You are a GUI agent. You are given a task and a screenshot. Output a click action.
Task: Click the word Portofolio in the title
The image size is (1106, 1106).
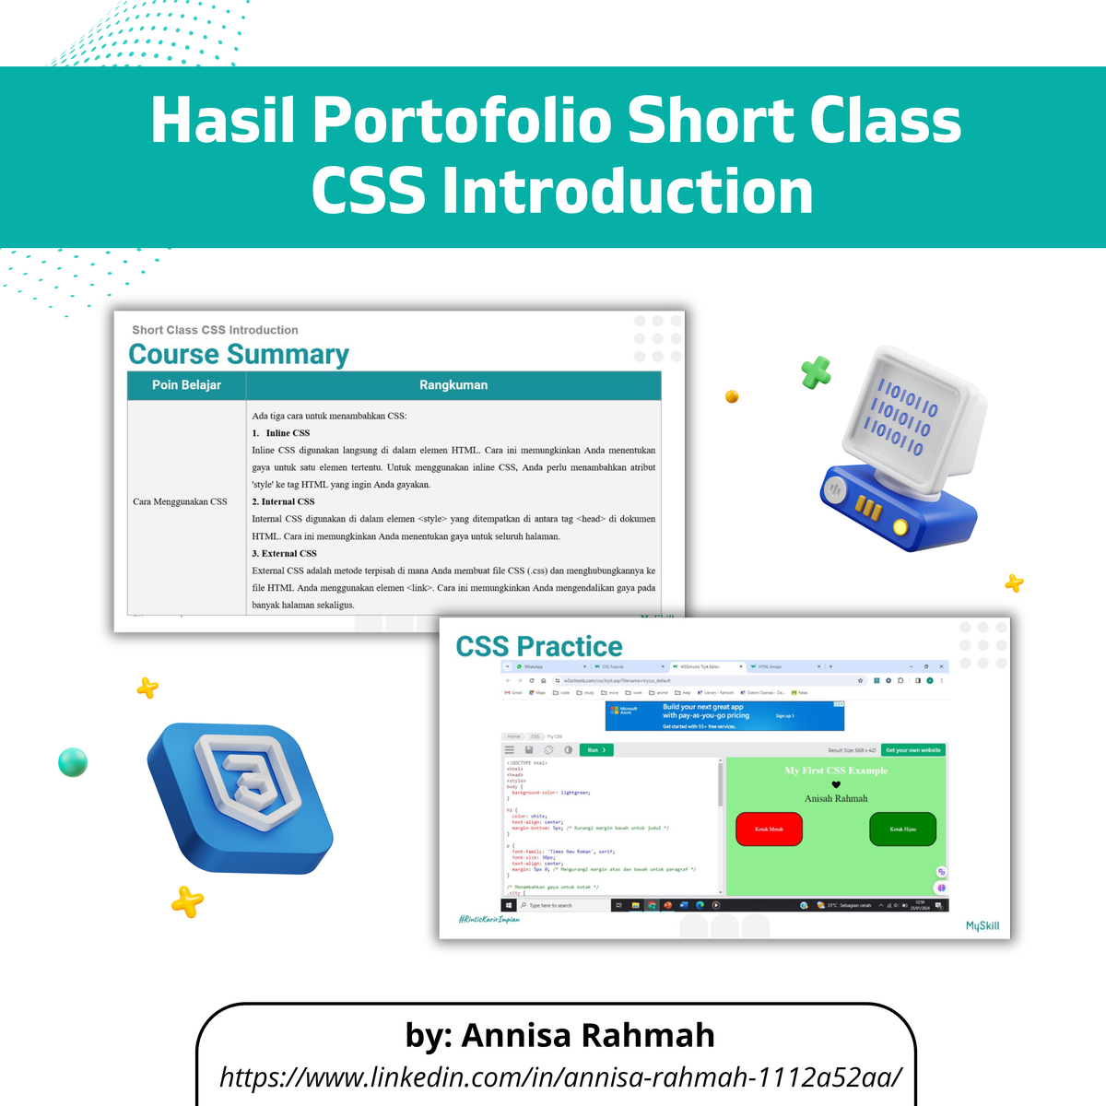click(468, 121)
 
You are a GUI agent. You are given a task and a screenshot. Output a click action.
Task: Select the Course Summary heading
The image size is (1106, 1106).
click(239, 354)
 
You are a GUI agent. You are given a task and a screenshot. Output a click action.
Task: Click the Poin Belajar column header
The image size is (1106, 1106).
click(186, 385)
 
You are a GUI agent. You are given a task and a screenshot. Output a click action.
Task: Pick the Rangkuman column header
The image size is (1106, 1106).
click(453, 385)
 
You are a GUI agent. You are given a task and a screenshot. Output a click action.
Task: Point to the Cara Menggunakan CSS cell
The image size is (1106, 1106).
click(180, 501)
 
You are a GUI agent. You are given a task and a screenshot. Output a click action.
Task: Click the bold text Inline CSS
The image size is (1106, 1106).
click(288, 432)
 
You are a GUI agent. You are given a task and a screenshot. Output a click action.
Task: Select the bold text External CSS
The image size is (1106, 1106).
click(288, 553)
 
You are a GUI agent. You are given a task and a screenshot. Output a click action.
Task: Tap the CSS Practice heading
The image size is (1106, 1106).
click(539, 646)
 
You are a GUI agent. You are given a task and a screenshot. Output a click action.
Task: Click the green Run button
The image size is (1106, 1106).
click(596, 750)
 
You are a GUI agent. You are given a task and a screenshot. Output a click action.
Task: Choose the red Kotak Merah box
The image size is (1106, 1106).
click(769, 829)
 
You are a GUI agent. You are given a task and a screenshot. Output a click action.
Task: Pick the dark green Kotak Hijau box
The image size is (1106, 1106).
click(902, 829)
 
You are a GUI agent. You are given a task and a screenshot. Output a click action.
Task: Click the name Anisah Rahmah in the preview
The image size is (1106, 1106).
click(836, 798)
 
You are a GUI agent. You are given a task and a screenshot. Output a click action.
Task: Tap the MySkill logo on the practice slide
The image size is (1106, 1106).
click(982, 925)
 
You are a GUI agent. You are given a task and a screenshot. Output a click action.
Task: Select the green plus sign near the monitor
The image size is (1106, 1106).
click(816, 371)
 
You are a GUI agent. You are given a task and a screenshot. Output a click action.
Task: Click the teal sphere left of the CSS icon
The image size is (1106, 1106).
click(73, 762)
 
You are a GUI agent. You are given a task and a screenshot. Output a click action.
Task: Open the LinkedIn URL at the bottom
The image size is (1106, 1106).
click(560, 1077)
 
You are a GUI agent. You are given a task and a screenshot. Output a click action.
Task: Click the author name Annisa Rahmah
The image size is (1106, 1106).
click(587, 1035)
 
